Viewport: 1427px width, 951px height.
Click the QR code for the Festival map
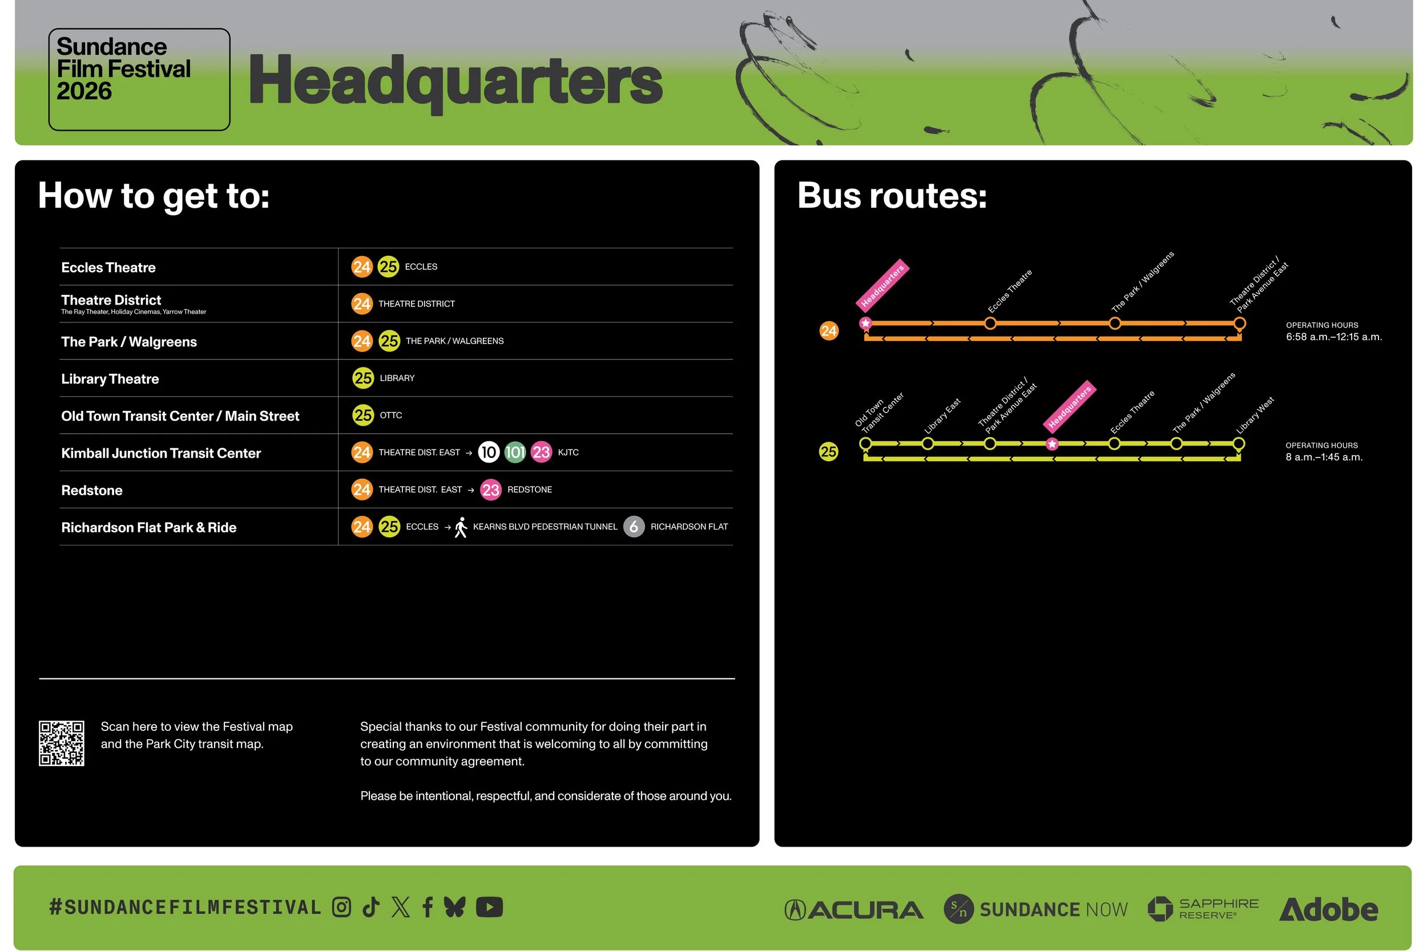pos(61,743)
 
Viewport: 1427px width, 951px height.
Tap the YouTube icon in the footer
pos(489,907)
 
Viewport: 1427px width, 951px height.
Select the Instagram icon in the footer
pos(341,907)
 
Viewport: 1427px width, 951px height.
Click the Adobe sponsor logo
pos(1328,909)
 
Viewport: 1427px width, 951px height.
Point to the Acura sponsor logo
pos(854,909)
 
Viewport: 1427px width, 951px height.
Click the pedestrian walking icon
pos(461,527)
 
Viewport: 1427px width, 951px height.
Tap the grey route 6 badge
pos(634,527)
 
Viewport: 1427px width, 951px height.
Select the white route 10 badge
pos(489,452)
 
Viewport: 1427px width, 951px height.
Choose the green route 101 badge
pos(515,452)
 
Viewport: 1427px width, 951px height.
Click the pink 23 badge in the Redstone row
pos(490,489)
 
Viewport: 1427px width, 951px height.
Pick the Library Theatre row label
pos(110,379)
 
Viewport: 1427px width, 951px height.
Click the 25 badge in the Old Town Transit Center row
pos(363,415)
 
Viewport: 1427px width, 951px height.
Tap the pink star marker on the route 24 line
pos(866,323)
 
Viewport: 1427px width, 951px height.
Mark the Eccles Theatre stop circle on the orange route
pos(990,323)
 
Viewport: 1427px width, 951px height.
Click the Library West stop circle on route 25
pos(1238,444)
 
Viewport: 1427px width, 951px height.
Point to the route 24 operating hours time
pos(1333,337)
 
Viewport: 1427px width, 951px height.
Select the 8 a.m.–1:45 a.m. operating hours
pos(1324,458)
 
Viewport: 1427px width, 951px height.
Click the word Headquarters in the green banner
pos(455,81)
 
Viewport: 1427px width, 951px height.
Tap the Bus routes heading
pos(892,196)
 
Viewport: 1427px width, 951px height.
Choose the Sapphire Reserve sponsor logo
pos(1203,909)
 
